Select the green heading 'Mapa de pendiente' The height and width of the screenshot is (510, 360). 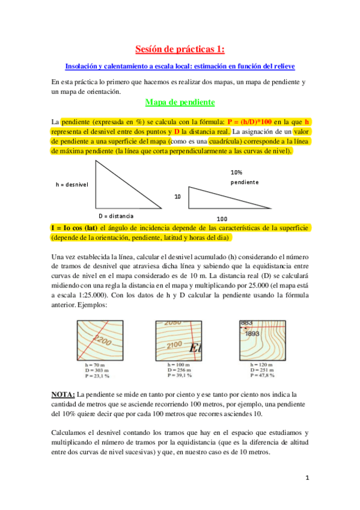[x=180, y=102]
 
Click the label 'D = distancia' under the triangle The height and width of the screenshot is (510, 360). [x=116, y=215]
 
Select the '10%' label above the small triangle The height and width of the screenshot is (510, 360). [x=236, y=172]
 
